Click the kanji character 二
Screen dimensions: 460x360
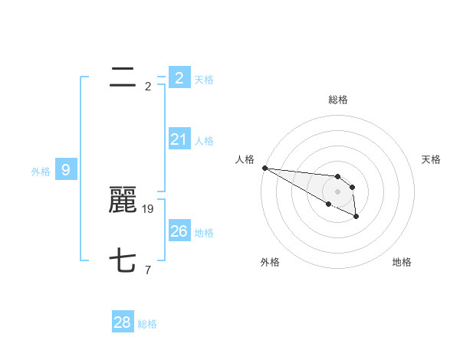[x=123, y=77]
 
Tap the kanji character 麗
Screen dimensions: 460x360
[x=123, y=201]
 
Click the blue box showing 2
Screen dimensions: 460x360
[x=179, y=77]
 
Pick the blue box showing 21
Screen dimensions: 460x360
[x=179, y=139]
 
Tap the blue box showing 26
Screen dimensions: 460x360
[x=179, y=231]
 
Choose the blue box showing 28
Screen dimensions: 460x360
[x=123, y=322]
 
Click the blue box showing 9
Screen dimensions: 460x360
[x=66, y=170]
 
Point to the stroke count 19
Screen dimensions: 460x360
[x=149, y=208]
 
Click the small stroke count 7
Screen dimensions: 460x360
[x=148, y=270]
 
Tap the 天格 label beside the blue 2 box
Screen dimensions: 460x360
[x=204, y=79]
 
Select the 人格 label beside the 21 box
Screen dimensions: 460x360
[x=204, y=141]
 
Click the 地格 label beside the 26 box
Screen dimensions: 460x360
[x=204, y=233]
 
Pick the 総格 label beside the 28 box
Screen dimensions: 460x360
[x=147, y=324]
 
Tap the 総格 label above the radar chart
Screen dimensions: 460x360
[x=337, y=100]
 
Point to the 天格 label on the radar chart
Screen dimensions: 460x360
[x=432, y=159]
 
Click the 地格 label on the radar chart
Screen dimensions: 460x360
[x=402, y=262]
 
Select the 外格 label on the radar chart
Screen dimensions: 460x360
[x=270, y=262]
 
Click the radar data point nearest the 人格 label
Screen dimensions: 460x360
[x=264, y=168]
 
